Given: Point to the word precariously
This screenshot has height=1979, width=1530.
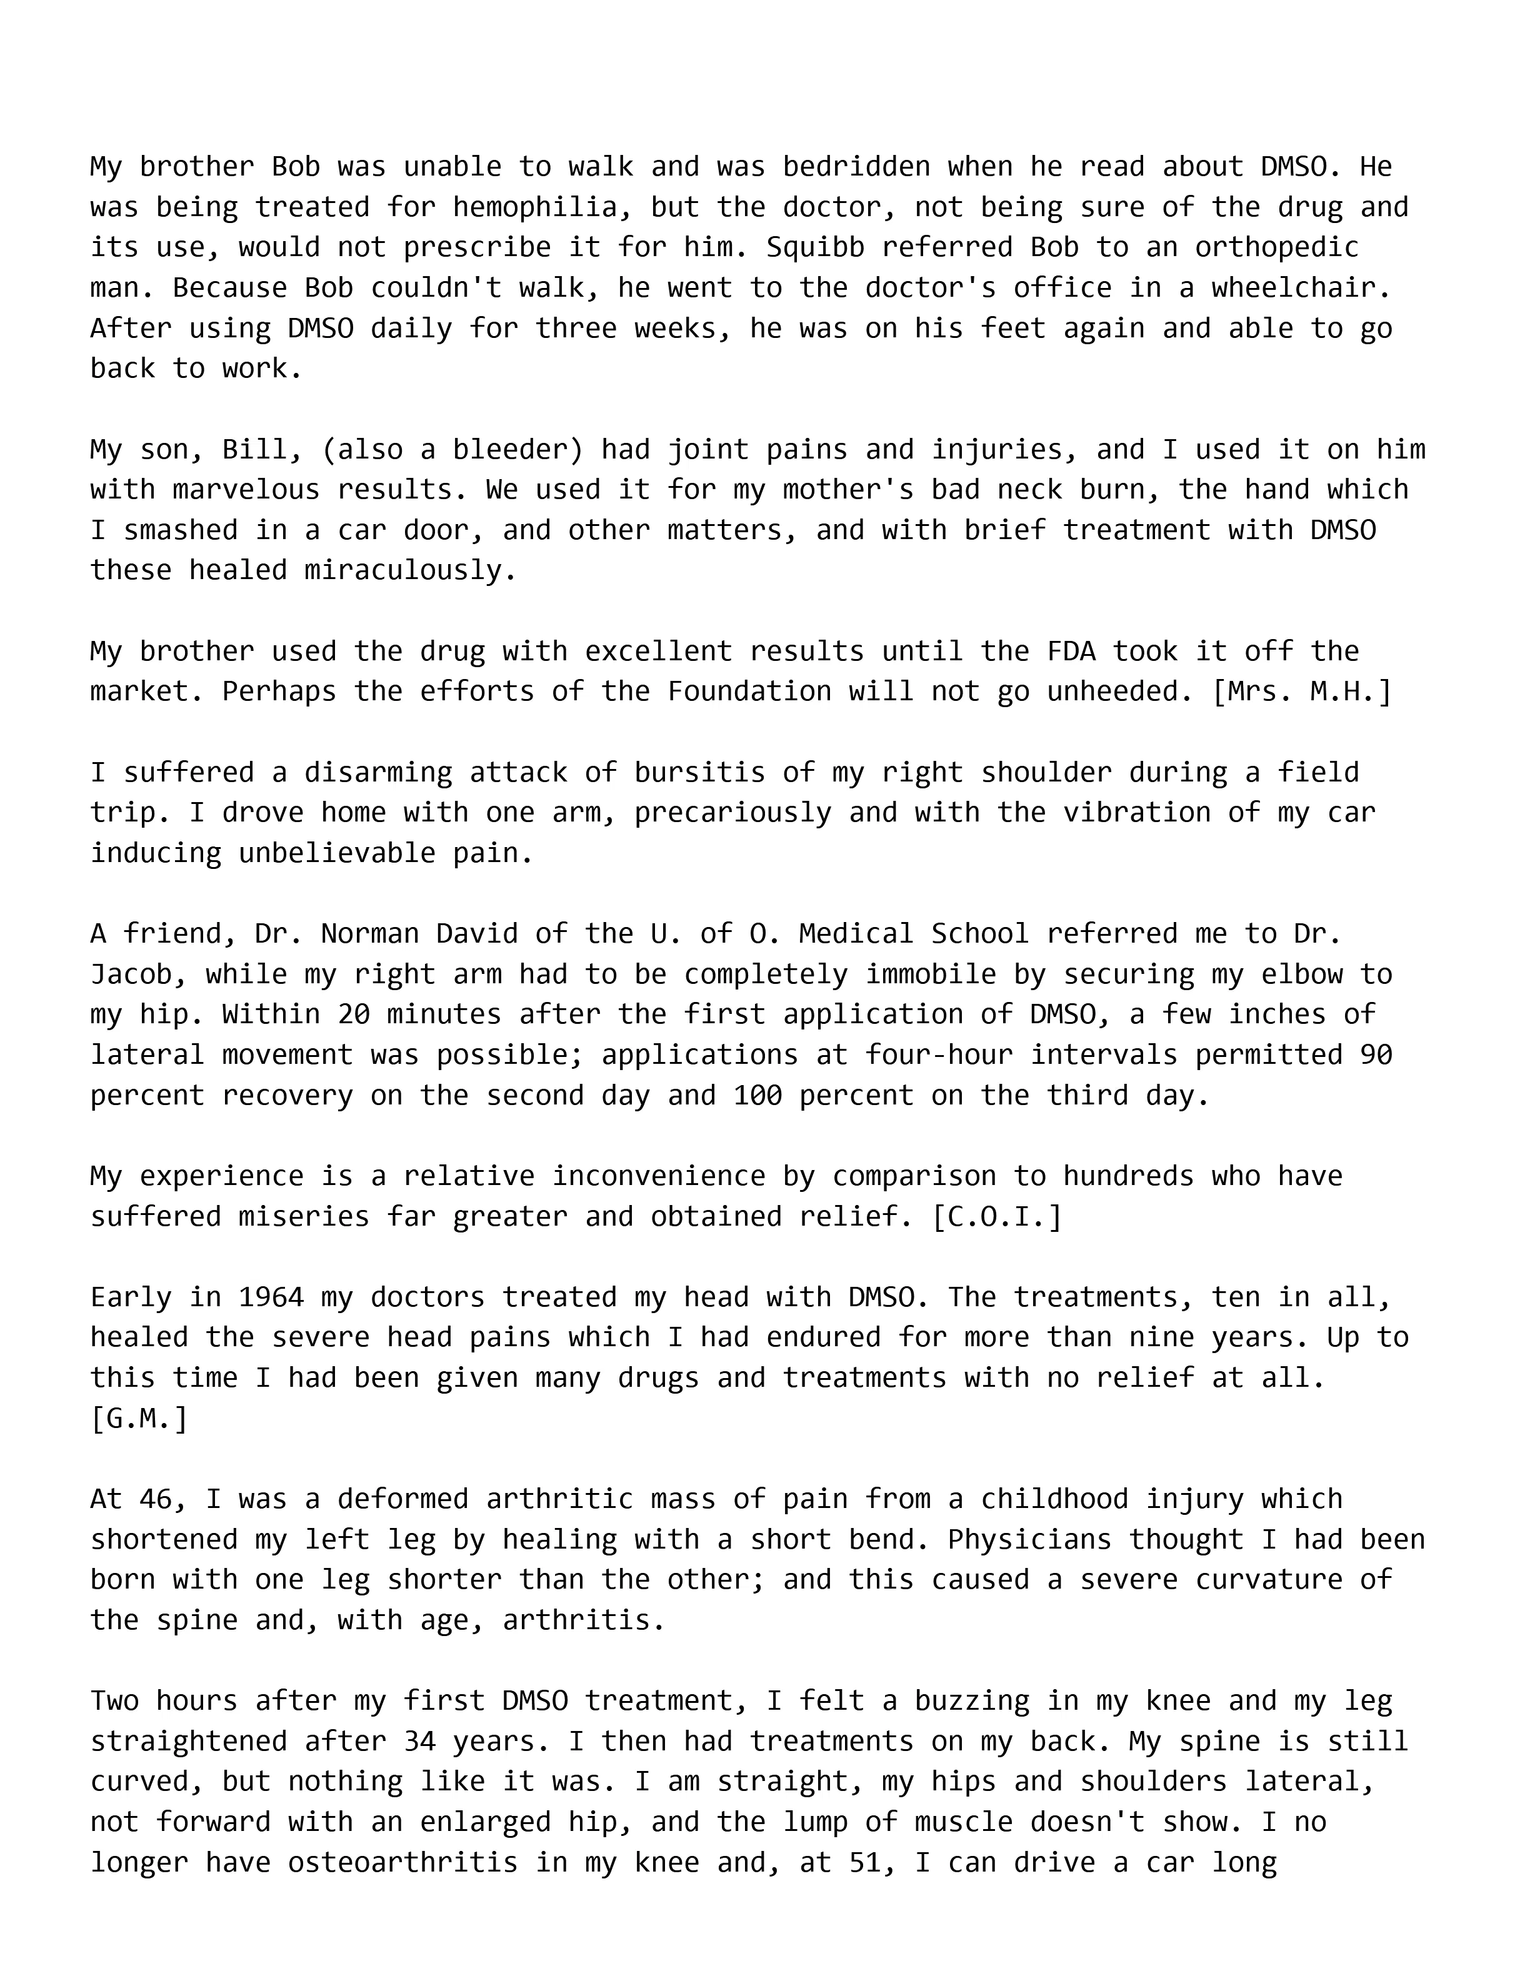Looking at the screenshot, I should [732, 813].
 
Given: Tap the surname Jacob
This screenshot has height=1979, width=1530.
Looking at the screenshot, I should [139, 974].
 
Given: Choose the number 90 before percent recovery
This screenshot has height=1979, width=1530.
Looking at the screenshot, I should [1375, 1054].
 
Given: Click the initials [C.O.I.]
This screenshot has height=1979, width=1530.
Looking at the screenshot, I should [996, 1216].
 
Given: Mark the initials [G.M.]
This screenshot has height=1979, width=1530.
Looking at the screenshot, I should [139, 1418].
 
